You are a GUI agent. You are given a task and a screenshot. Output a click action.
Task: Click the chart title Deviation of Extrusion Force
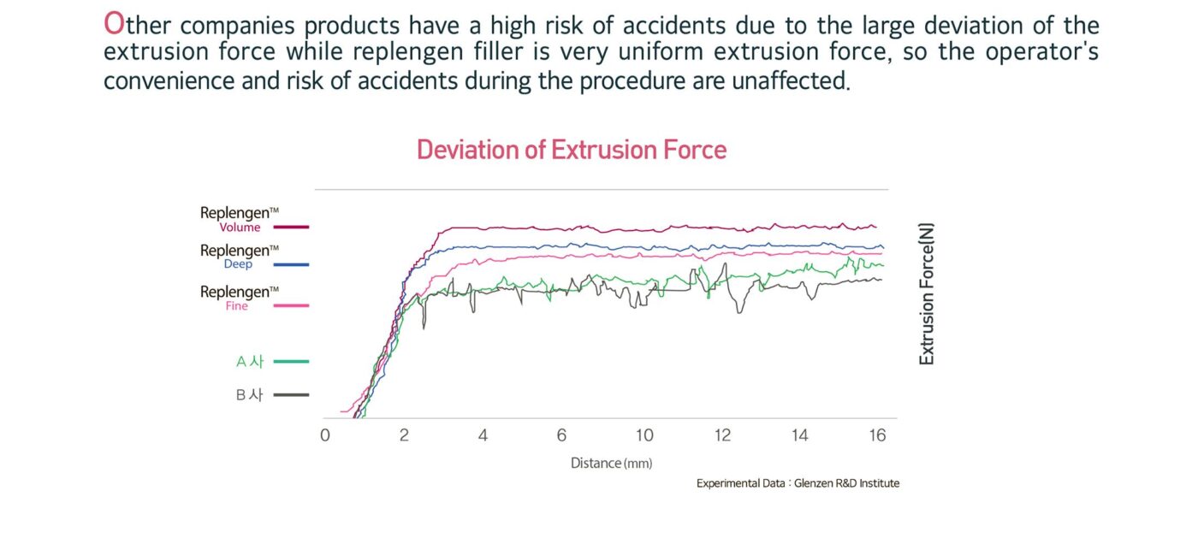pos(572,151)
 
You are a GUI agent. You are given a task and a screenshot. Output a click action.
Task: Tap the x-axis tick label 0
pos(325,435)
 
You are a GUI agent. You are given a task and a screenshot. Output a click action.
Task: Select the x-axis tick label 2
pos(404,435)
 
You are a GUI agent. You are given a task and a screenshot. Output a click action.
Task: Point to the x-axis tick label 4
pos(483,435)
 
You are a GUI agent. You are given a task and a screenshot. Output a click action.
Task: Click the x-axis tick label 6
pos(561,435)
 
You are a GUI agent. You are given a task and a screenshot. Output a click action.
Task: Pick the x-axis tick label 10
pos(644,435)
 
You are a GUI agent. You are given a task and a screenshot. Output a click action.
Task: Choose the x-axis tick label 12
pos(723,435)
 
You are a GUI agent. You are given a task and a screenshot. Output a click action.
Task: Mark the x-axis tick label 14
pos(799,435)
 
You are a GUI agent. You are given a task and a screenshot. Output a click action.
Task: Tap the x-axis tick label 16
pos(877,435)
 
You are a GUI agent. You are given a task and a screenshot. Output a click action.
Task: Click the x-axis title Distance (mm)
pos(611,463)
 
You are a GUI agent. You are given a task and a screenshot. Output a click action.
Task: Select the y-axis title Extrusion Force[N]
pos(927,294)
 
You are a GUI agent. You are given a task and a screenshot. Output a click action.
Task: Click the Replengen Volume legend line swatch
pos(292,228)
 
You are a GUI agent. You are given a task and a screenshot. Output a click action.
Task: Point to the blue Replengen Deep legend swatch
pos(292,265)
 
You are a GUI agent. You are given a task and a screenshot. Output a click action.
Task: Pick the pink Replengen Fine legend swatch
pos(292,305)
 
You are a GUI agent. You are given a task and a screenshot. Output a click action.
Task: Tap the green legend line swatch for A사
pos(292,362)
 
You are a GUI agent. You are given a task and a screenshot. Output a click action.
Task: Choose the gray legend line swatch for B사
pos(292,394)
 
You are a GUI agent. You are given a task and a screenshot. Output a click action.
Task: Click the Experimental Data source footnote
pos(798,483)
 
